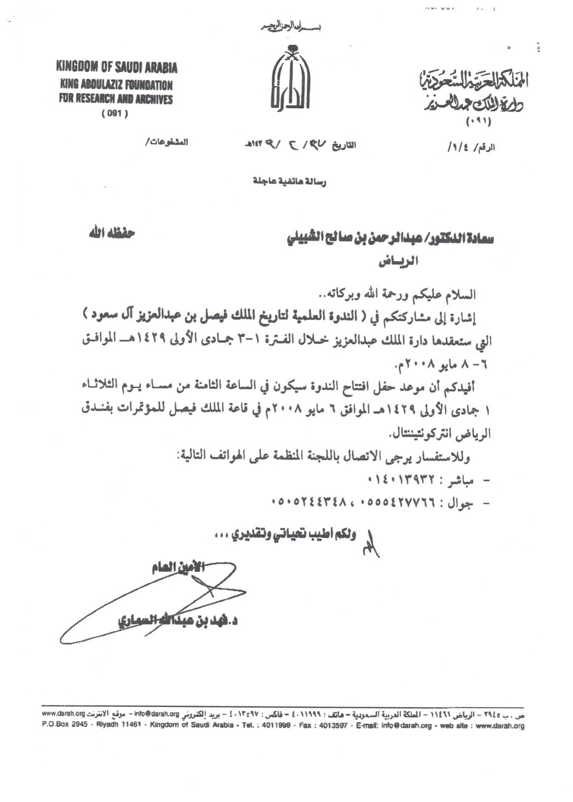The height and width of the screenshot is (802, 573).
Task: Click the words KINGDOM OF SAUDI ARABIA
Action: (117, 68)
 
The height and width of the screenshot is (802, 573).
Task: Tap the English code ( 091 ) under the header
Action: (115, 114)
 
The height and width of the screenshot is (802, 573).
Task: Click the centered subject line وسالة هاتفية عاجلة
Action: (290, 182)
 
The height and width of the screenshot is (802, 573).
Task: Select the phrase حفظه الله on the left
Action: (112, 234)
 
